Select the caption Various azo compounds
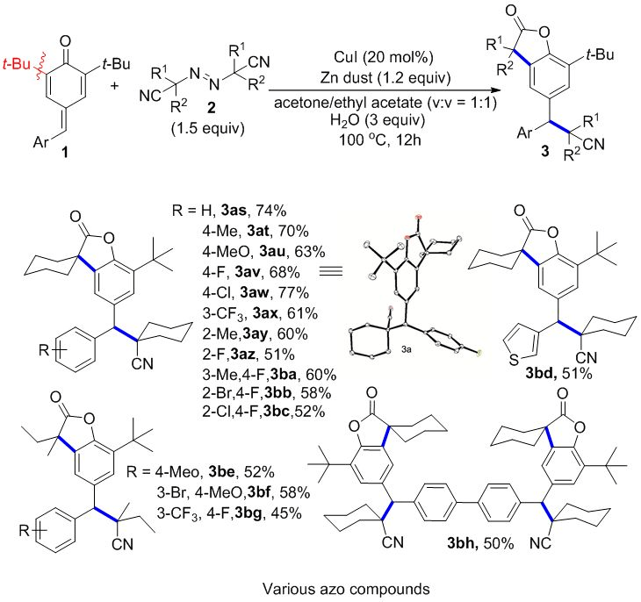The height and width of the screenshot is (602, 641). [320, 585]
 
